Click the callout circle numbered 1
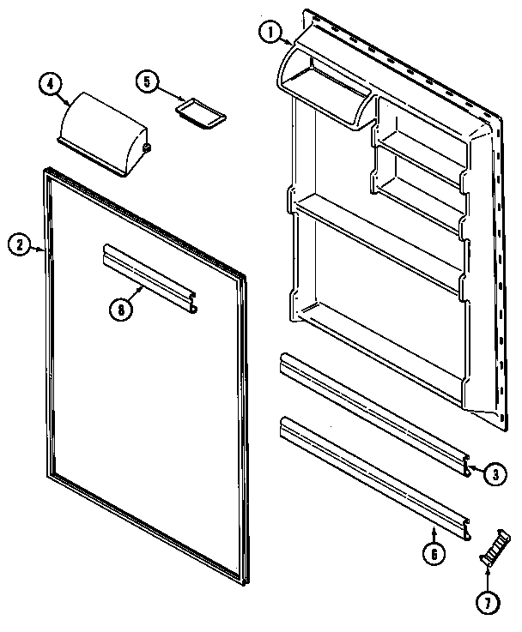click(x=270, y=33)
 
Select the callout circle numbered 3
click(x=497, y=472)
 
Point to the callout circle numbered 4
click(x=50, y=84)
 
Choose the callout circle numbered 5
click(x=147, y=81)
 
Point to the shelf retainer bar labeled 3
click(x=374, y=412)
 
